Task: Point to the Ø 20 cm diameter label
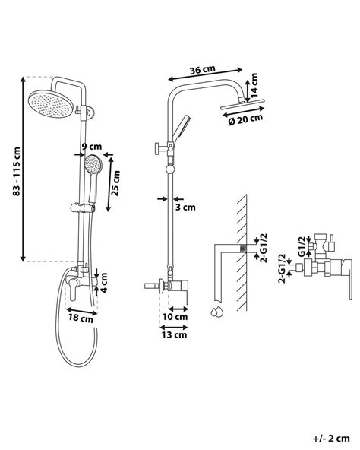click(x=245, y=117)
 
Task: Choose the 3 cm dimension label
click(x=185, y=206)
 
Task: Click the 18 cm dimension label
click(x=81, y=321)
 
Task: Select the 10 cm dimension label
click(x=175, y=315)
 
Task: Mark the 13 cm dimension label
click(x=174, y=334)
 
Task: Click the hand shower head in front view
click(x=93, y=163)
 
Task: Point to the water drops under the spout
click(x=217, y=312)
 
